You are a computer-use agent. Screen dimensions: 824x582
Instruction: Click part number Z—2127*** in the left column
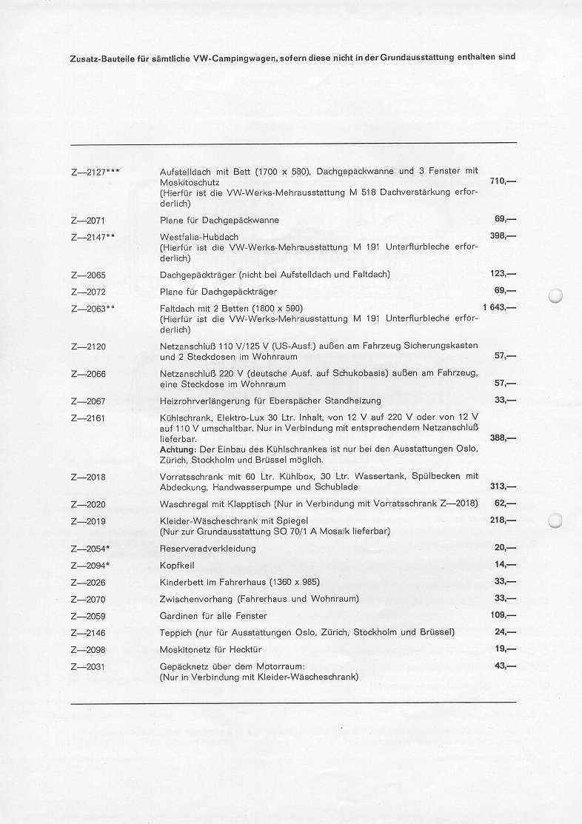coord(96,172)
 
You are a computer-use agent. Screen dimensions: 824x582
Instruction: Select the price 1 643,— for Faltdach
coord(498,307)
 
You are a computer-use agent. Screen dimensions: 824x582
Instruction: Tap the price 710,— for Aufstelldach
coord(503,181)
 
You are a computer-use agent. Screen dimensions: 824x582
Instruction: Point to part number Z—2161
coord(88,418)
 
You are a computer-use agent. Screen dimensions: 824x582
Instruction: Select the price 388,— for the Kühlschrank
coord(503,438)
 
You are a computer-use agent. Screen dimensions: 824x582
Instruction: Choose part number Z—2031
coord(88,666)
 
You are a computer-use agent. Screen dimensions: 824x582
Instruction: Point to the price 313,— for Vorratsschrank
coord(503,486)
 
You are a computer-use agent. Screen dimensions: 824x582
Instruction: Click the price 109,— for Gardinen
coord(503,615)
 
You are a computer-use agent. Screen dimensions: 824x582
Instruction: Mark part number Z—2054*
coord(90,549)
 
